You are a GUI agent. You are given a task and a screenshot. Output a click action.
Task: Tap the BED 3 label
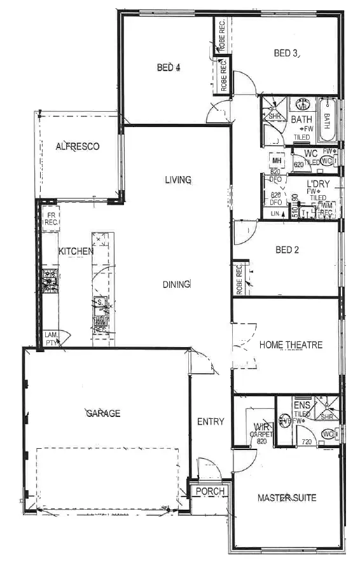(286, 53)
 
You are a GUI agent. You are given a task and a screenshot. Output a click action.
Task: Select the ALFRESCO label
(78, 146)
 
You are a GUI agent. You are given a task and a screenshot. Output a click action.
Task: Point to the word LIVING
(178, 180)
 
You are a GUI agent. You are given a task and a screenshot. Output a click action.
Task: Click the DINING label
(176, 284)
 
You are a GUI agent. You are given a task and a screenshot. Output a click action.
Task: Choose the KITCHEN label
(76, 251)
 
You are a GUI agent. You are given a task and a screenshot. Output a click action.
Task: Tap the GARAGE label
(103, 413)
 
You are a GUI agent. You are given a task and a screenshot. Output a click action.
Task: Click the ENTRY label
(211, 421)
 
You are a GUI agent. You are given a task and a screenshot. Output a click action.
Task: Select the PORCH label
(209, 491)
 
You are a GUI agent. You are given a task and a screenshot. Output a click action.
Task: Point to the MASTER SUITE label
(287, 498)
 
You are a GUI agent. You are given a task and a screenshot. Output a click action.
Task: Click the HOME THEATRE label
(291, 345)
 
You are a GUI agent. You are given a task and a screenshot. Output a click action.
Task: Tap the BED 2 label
(287, 250)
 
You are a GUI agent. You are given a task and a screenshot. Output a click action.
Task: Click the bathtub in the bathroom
(326, 120)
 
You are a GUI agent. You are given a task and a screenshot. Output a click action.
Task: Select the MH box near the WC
(277, 161)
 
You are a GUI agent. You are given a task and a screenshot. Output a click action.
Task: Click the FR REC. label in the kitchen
(50, 220)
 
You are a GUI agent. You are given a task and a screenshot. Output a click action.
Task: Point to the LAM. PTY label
(51, 339)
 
